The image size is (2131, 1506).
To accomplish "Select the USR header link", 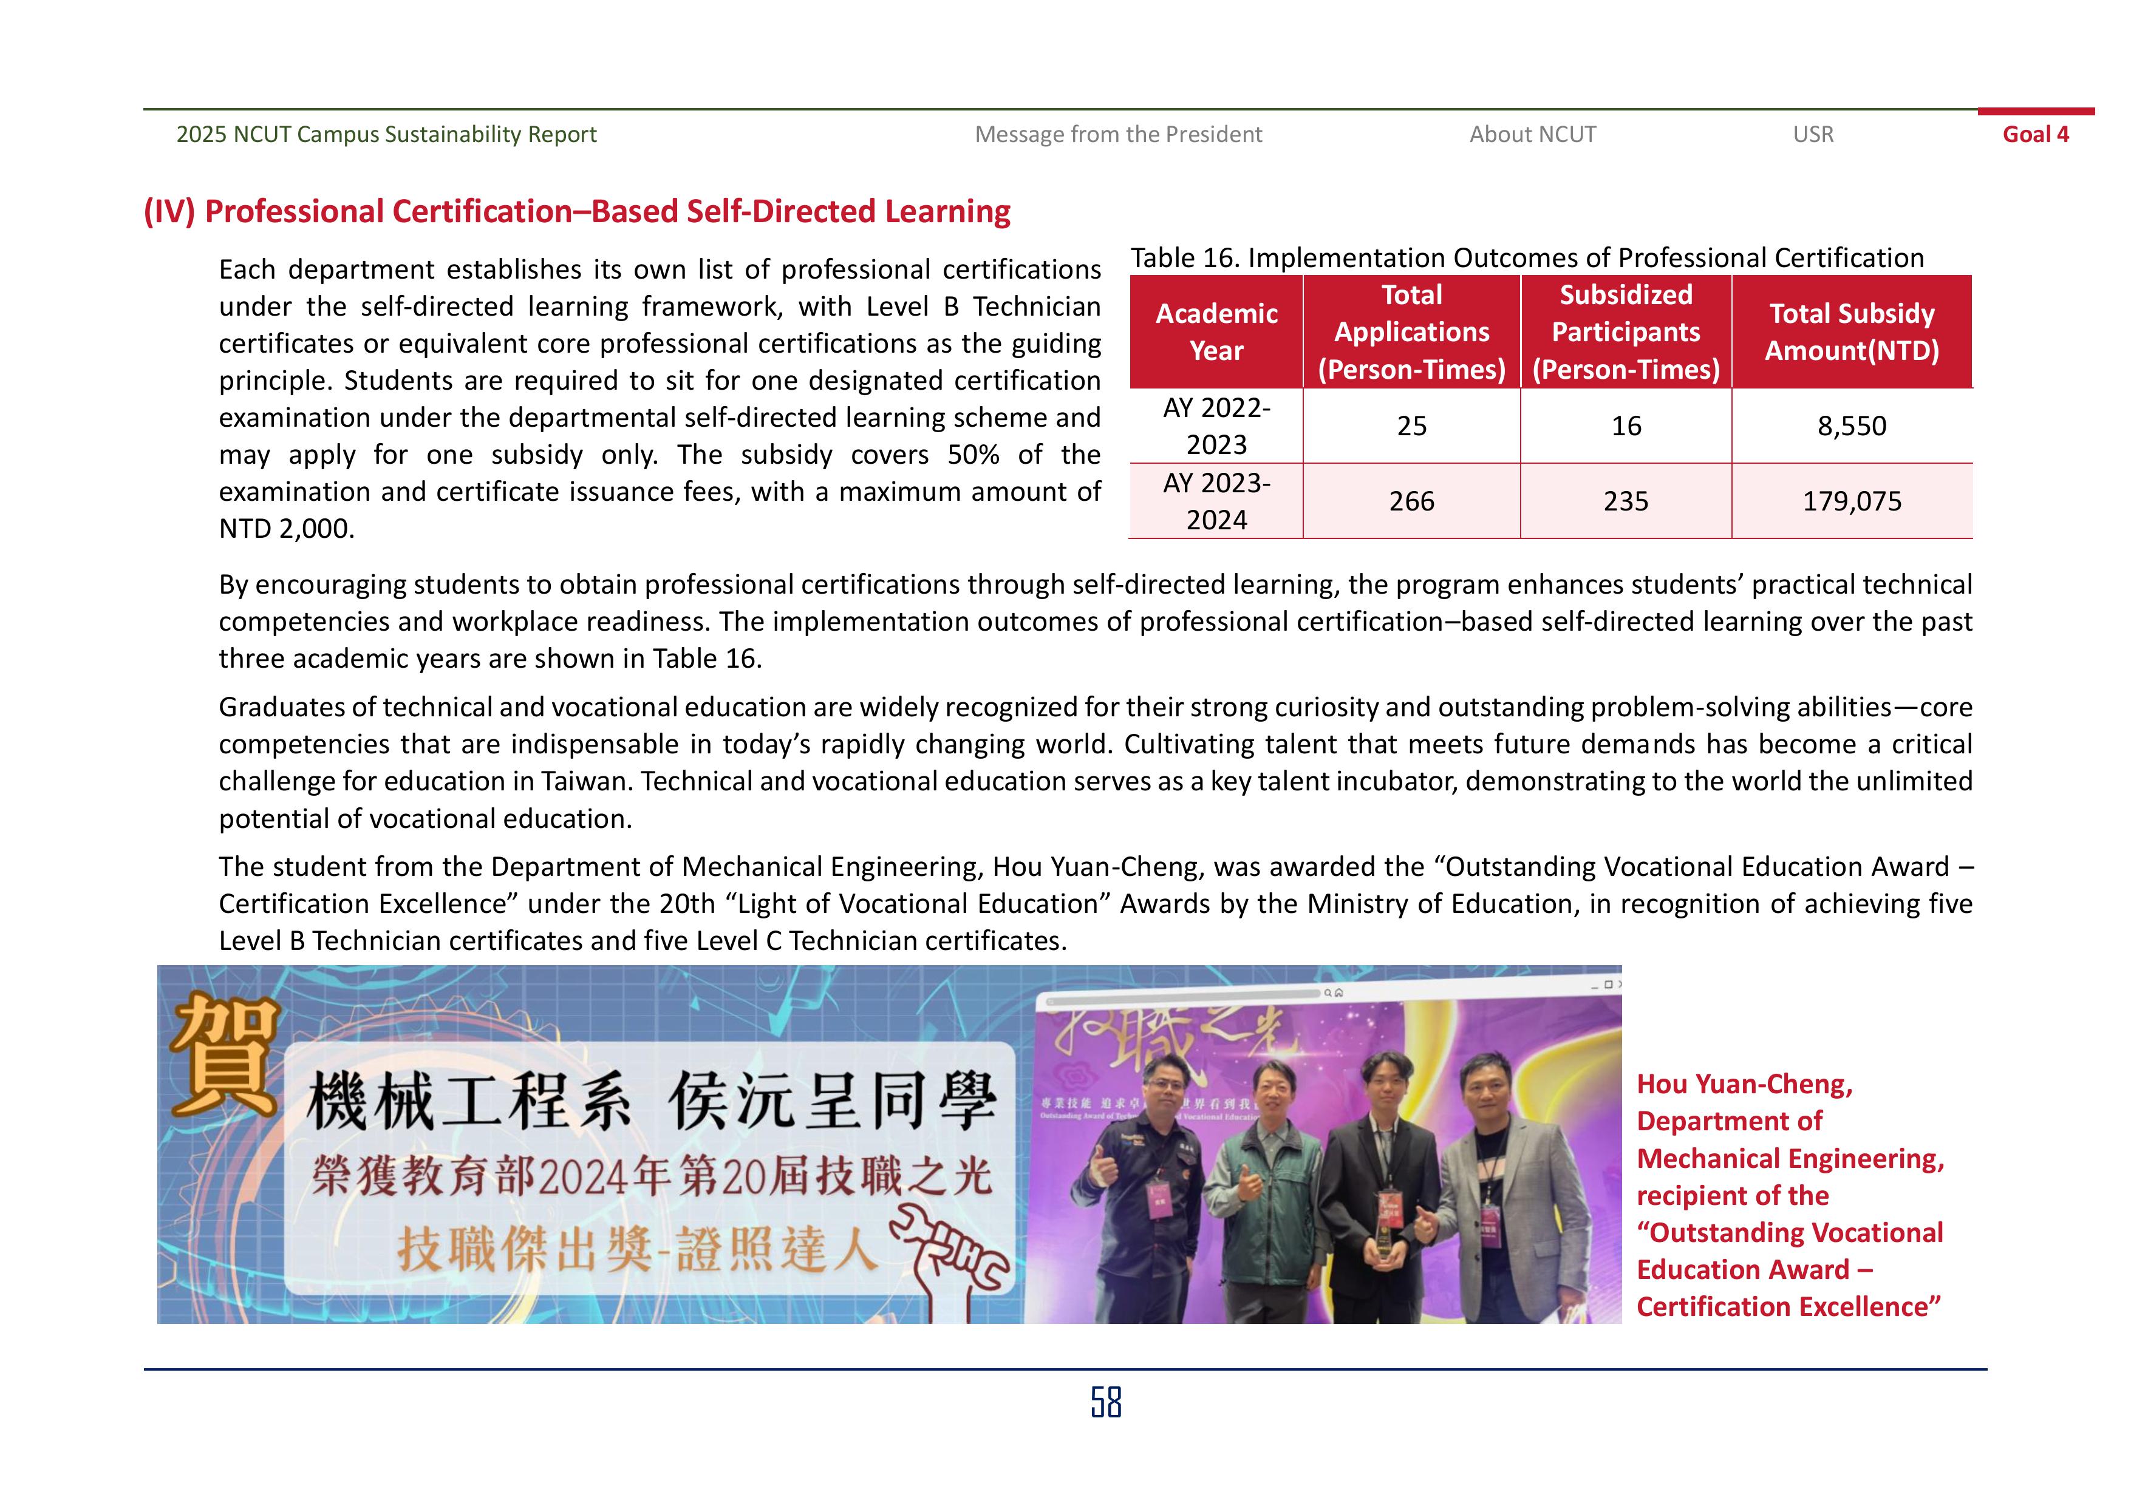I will point(1813,135).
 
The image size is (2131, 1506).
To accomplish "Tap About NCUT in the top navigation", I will point(1532,135).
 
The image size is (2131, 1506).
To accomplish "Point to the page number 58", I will point(1105,1402).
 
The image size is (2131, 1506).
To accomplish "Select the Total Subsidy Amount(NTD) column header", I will point(1852,332).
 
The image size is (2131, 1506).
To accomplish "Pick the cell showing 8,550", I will point(1852,426).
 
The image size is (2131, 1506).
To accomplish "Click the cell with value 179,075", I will point(1852,501).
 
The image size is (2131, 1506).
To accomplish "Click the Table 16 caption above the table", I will point(1527,258).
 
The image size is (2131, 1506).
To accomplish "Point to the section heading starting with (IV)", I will point(576,212).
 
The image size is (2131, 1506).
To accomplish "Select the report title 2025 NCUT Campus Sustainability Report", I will point(386,135).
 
